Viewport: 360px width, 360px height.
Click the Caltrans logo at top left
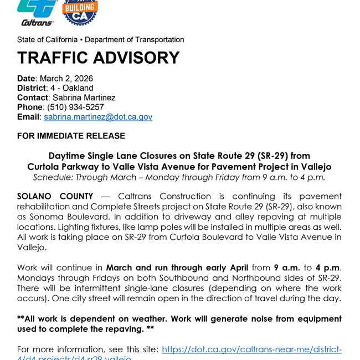click(38, 12)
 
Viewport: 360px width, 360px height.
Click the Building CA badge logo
click(81, 12)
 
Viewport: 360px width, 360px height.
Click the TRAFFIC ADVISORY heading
click(98, 58)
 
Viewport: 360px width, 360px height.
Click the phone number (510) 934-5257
click(75, 107)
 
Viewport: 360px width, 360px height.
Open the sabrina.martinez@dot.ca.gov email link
click(98, 117)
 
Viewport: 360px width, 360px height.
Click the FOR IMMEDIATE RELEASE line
click(71, 136)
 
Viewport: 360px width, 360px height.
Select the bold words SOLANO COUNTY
click(55, 196)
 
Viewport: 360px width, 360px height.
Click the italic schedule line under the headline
click(179, 177)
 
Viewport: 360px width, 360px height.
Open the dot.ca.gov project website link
click(251, 349)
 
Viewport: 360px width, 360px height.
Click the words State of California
click(47, 40)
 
